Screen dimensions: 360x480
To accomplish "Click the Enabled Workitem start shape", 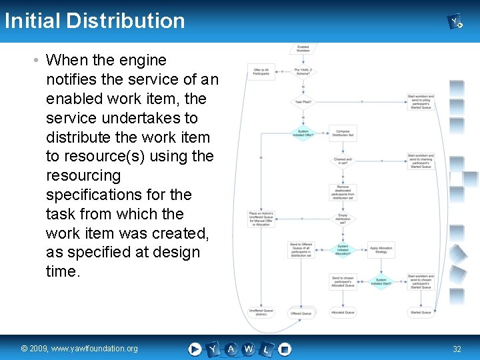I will (303, 48).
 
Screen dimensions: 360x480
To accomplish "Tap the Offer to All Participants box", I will (261, 71).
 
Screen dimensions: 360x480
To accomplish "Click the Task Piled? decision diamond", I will (303, 102).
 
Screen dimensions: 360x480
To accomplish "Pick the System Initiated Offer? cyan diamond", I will (303, 133).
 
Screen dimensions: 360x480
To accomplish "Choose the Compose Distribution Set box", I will (343, 133).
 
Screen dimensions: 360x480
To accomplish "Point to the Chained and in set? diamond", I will (343, 161).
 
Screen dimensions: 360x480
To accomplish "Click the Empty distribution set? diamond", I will (343, 218).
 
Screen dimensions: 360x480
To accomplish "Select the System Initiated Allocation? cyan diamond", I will (343, 249).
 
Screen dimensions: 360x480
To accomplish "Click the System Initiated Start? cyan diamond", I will (381, 282).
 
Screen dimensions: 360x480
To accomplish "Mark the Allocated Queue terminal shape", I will (343, 313).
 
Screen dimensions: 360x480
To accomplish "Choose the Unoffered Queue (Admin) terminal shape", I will (261, 312).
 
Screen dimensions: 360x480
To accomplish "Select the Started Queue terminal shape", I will (421, 313).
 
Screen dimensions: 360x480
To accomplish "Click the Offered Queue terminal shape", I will (301, 313).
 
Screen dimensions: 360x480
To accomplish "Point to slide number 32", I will (457, 349).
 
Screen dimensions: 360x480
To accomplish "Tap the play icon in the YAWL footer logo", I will (195, 348).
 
